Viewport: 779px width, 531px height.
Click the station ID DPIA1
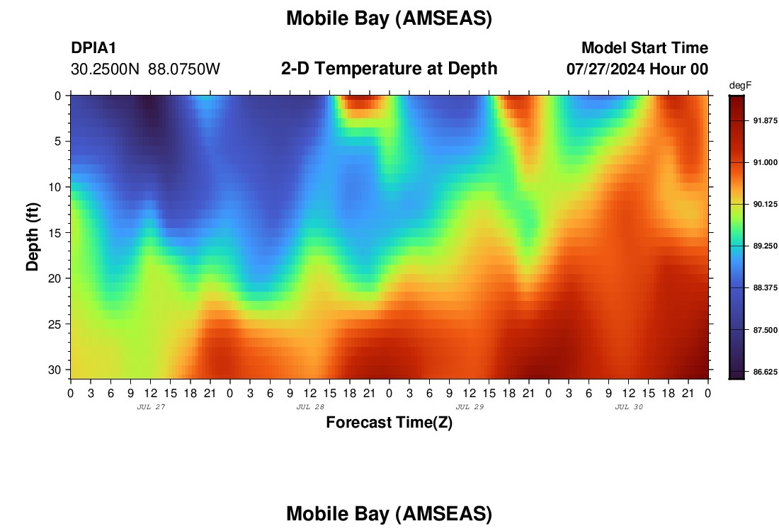tap(93, 47)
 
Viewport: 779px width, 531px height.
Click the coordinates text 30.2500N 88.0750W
tap(145, 69)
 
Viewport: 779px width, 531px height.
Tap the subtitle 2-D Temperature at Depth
tap(389, 69)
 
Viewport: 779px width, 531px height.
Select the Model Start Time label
tap(645, 47)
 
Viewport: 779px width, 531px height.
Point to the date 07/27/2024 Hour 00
tap(637, 69)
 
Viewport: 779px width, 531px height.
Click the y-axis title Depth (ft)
tap(33, 236)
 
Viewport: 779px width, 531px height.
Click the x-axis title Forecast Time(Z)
tap(389, 422)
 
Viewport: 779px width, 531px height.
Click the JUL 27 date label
tap(151, 407)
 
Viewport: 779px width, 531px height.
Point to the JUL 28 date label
tap(310, 407)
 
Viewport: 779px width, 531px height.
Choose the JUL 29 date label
tap(470, 407)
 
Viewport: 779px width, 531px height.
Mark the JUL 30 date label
tap(629, 407)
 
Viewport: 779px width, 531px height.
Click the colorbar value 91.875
tap(765, 120)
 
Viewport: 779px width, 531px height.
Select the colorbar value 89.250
tap(765, 246)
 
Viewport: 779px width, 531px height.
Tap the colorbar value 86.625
tap(765, 372)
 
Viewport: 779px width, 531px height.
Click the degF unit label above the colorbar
tap(740, 86)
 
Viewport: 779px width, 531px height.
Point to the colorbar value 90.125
tap(765, 204)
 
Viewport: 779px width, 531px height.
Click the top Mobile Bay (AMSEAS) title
tap(389, 19)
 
